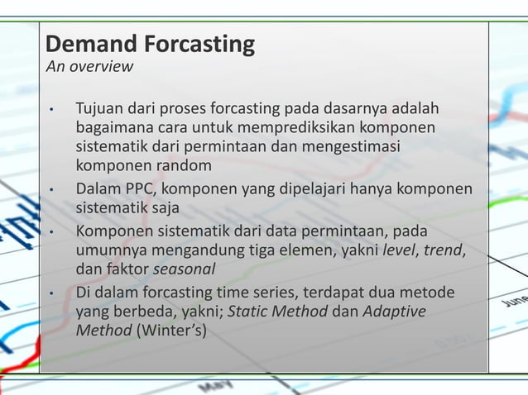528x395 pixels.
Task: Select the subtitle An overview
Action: pos(89,67)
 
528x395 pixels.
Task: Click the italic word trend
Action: pos(444,250)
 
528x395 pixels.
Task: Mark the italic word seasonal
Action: pos(184,269)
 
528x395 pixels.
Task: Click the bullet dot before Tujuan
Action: pos(51,111)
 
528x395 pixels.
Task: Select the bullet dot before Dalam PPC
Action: pos(51,190)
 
